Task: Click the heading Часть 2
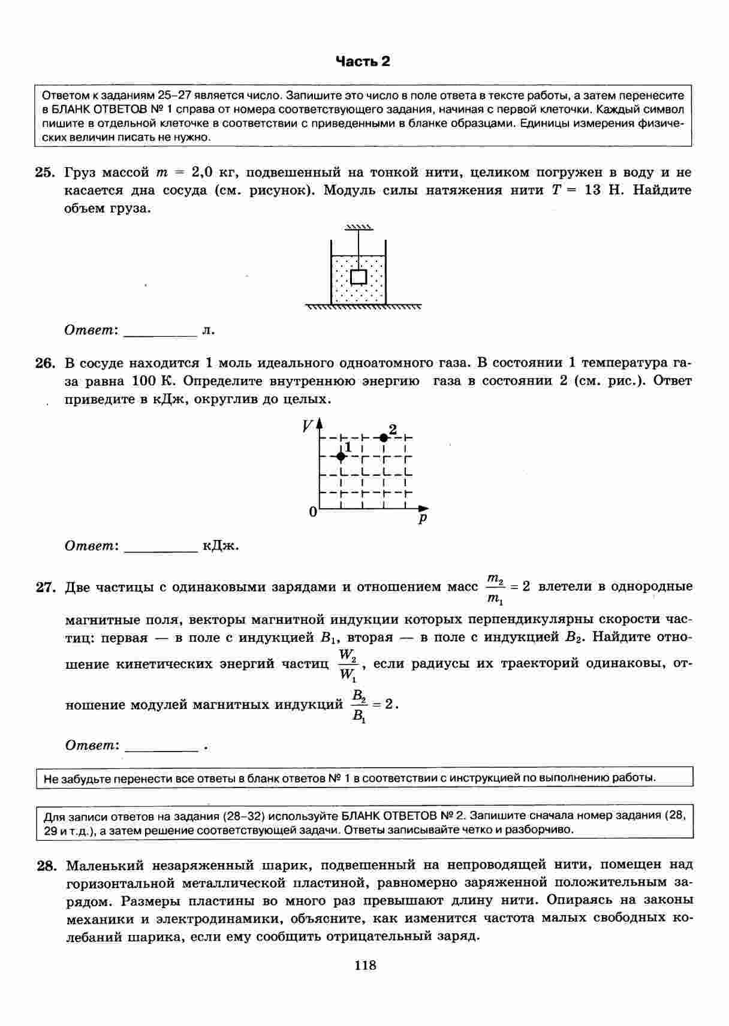pos(362,61)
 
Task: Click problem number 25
pos(44,173)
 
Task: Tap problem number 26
pos(44,363)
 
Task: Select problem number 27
pos(44,587)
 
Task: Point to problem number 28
pos(46,865)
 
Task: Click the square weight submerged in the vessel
pos(358,276)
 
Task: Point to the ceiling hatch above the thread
pos(359,228)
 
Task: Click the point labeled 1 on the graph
pos(341,456)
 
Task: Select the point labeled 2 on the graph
pos(384,438)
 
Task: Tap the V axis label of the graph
pos(308,426)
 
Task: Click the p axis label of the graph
pos(423,518)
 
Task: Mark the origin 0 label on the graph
pos(312,512)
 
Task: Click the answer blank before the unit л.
pos(160,331)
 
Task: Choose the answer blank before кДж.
pos(160,546)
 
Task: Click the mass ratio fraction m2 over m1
pos(495,588)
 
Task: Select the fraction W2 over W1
pos(348,665)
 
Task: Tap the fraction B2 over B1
pos(359,705)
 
